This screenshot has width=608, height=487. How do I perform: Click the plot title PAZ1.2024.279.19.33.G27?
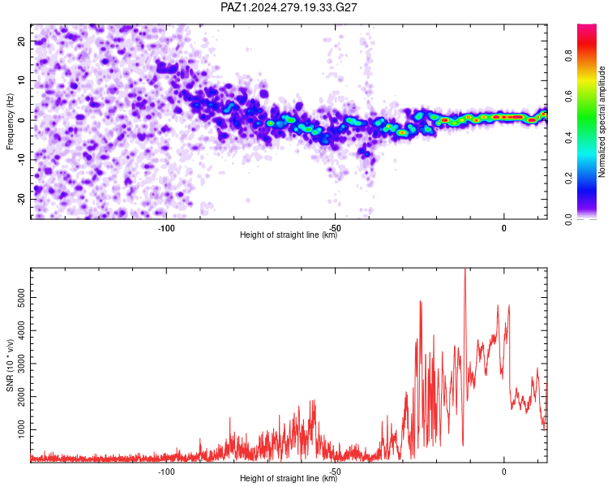click(289, 7)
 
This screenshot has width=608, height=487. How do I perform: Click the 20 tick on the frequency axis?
click(22, 41)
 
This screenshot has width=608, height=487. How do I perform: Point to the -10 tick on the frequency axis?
click(22, 159)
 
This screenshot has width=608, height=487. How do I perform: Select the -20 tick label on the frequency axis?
click(22, 199)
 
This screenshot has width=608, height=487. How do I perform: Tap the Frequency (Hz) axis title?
click(10, 122)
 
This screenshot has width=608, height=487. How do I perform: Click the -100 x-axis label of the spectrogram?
click(166, 228)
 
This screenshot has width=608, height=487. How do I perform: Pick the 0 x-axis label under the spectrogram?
click(503, 228)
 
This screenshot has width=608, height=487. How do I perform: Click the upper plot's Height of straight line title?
click(289, 235)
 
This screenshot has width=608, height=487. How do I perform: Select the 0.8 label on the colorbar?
click(568, 55)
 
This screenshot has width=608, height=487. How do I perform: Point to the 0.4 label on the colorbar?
click(568, 137)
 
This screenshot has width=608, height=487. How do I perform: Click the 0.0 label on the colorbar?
click(568, 219)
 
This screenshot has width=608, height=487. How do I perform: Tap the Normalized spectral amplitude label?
click(602, 122)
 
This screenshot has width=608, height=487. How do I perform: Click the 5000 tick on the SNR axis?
click(22, 298)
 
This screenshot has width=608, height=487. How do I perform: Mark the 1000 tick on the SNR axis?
click(22, 429)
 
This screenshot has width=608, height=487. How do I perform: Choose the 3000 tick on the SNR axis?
click(22, 364)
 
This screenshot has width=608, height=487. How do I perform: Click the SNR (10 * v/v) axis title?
click(10, 365)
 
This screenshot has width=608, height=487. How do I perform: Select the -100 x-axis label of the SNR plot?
click(166, 472)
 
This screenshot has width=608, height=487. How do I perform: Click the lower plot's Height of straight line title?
click(289, 478)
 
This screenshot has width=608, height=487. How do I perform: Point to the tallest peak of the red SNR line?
click(465, 269)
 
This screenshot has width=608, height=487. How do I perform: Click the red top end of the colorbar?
click(587, 26)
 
